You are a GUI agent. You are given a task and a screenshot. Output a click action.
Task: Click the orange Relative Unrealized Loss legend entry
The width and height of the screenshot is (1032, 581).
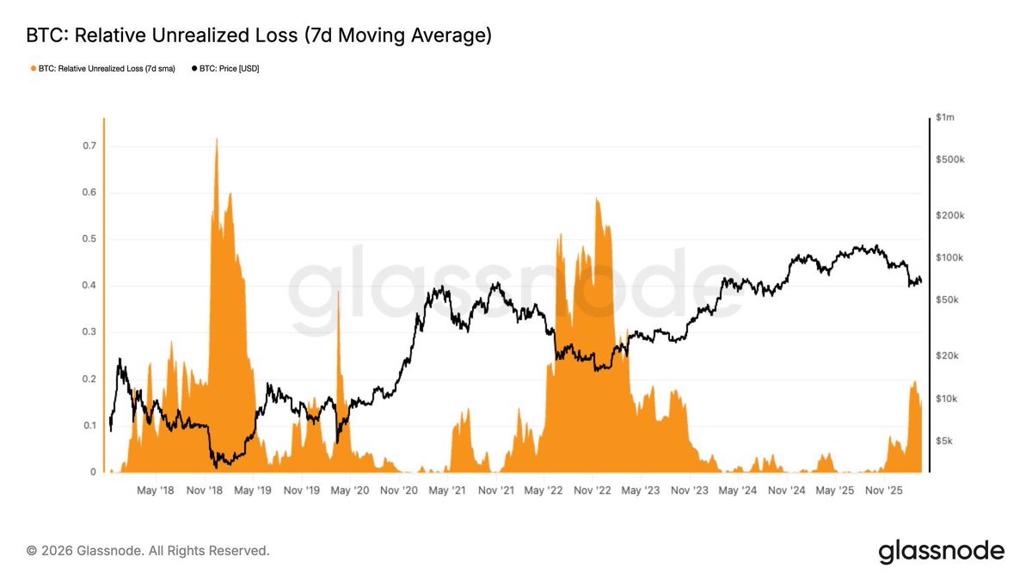(x=102, y=68)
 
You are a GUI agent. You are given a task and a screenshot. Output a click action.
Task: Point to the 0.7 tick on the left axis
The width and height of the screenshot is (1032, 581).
(x=89, y=146)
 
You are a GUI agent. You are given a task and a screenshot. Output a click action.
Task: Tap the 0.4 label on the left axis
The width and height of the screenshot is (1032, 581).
(x=89, y=286)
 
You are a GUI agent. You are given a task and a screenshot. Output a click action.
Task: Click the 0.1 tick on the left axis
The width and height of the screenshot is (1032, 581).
(x=89, y=426)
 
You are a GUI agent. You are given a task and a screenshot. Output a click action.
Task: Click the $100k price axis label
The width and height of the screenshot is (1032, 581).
(x=949, y=258)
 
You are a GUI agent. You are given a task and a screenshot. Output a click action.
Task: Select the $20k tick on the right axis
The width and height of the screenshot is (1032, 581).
(x=947, y=356)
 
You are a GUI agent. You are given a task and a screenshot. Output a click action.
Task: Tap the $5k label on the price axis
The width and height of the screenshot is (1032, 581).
(x=945, y=441)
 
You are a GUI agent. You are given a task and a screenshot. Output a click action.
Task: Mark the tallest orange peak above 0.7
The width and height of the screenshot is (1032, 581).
(x=216, y=140)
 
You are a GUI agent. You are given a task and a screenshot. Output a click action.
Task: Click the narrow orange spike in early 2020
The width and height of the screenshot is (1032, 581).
(x=338, y=294)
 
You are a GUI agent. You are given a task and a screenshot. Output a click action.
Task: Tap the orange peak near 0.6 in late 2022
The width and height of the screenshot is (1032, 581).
(x=595, y=201)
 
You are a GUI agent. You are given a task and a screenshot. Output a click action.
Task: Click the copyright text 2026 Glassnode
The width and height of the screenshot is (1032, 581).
(x=148, y=550)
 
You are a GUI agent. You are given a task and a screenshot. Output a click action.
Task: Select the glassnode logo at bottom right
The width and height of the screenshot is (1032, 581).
(x=941, y=551)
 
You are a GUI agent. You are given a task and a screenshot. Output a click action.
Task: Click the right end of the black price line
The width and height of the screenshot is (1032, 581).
(x=921, y=281)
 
